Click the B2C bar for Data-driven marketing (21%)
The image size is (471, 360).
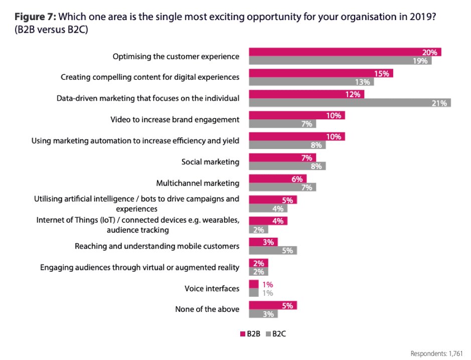(x=350, y=103)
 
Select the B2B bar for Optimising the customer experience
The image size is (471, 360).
(x=345, y=52)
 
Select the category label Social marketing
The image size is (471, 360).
(x=210, y=162)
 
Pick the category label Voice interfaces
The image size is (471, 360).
(x=212, y=289)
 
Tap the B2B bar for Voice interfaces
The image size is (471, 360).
(x=254, y=285)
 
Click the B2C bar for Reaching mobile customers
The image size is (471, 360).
(x=273, y=251)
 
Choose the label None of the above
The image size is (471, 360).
(x=207, y=309)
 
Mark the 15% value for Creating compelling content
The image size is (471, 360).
(x=382, y=74)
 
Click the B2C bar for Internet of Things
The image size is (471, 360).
(x=258, y=230)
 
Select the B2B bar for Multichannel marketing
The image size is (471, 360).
(x=277, y=179)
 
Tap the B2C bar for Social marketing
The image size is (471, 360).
(x=287, y=166)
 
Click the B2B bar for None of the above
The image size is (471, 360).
(x=273, y=305)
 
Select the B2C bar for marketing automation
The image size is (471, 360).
(x=287, y=145)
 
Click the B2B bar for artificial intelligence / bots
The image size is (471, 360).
(x=273, y=200)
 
